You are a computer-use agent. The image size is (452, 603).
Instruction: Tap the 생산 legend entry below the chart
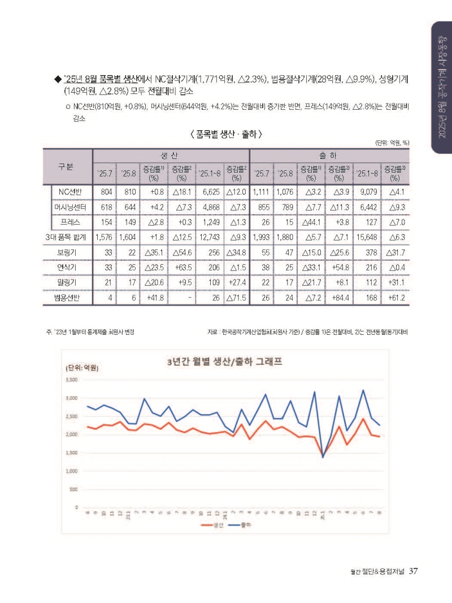pos(215,526)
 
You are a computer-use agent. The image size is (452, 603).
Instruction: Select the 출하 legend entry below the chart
pos(244,526)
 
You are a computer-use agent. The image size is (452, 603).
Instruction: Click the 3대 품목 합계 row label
pos(67,237)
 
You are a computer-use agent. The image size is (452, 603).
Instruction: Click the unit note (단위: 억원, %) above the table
pos(392,143)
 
